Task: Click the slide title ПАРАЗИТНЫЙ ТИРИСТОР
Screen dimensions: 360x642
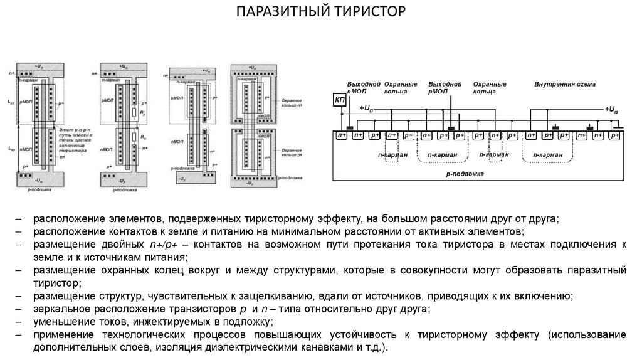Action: tap(320, 12)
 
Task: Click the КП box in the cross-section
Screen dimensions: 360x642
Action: tap(339, 101)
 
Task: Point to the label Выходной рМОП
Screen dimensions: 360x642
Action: tap(445, 88)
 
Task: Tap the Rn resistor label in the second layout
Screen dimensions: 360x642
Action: tap(143, 136)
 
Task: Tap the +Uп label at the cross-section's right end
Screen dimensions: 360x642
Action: tap(614, 109)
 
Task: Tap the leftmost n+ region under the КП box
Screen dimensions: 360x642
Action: tap(341, 135)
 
